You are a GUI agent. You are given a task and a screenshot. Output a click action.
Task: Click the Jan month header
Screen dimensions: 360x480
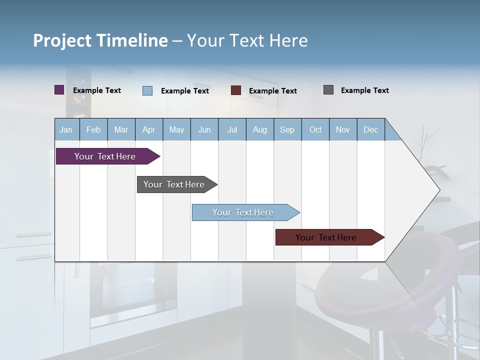[x=66, y=129]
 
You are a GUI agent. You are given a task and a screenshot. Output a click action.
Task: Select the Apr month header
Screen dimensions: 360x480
[x=149, y=129]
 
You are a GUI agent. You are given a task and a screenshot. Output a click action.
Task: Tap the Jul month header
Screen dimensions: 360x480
[x=232, y=129]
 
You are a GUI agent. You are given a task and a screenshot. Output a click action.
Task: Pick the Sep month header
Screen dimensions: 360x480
[x=287, y=129]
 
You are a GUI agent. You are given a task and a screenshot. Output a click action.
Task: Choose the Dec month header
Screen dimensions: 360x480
[x=370, y=129]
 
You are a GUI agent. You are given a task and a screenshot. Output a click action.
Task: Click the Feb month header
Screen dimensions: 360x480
[x=93, y=129]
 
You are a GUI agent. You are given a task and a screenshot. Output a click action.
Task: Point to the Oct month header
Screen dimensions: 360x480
[x=315, y=129]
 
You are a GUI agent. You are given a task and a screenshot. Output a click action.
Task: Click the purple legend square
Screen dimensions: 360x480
[x=59, y=90]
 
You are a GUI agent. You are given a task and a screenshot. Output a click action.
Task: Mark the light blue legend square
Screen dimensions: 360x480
[x=147, y=90]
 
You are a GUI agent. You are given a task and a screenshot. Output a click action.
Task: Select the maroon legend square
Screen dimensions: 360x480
[x=236, y=90]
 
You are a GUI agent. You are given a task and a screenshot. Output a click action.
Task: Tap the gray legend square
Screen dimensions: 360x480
[x=328, y=90]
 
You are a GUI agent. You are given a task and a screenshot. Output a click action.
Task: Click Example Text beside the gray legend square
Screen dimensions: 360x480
[x=364, y=90]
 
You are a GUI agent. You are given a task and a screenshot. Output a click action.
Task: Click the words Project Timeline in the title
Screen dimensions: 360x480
[x=100, y=40]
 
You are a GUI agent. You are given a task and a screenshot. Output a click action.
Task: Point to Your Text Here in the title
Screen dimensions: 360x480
[x=247, y=40]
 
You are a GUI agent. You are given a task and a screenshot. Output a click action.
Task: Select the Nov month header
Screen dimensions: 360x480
[x=343, y=129]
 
